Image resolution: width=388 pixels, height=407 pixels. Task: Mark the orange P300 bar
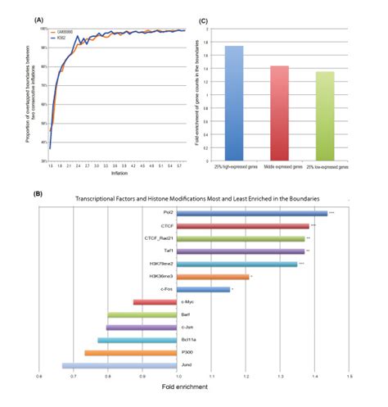coord(130,353)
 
